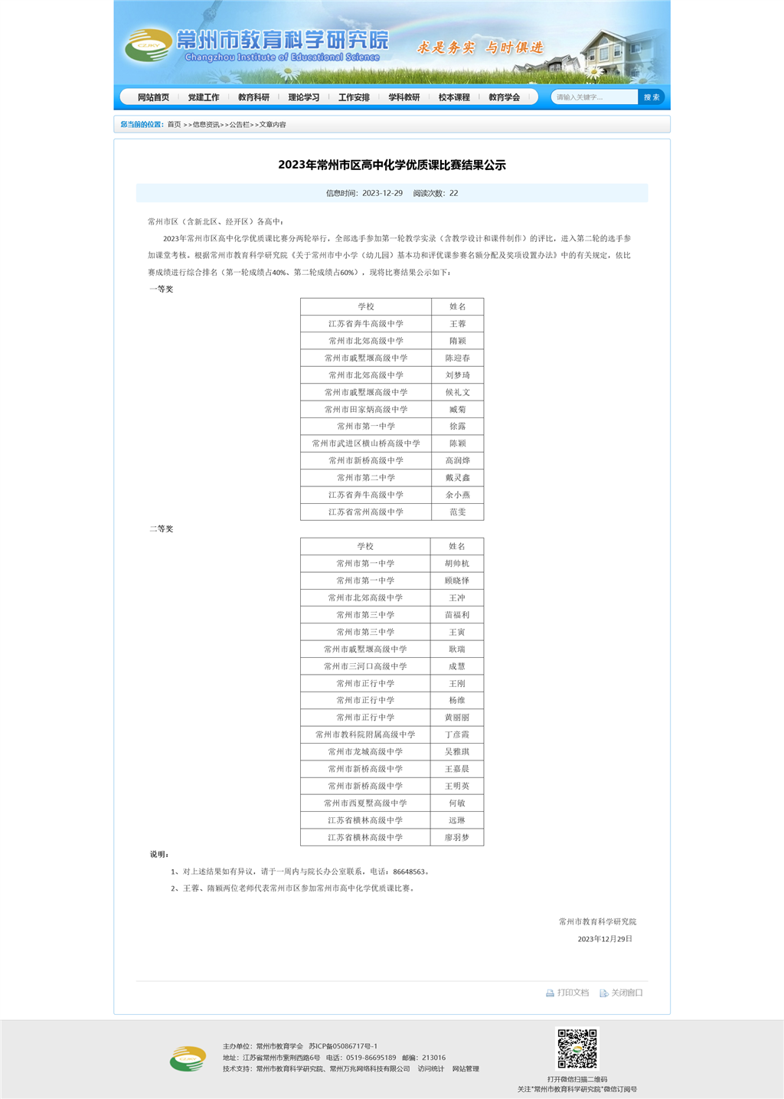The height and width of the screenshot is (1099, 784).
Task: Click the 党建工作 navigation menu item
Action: tap(204, 97)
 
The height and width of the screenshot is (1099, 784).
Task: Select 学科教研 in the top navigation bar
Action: tap(404, 97)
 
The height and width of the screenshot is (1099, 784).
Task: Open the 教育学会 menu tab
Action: tap(504, 97)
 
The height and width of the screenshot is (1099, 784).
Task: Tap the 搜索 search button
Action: tap(652, 97)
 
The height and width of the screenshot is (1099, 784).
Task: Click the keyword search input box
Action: tap(594, 97)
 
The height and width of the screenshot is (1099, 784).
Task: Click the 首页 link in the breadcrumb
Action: tap(175, 124)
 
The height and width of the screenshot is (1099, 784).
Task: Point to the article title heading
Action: tap(392, 165)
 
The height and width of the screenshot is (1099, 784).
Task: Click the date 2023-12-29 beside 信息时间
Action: tap(382, 193)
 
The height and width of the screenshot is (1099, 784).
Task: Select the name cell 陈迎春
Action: tap(458, 358)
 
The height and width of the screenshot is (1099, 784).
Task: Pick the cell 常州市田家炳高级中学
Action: tap(366, 409)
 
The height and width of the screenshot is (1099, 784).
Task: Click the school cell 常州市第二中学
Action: tap(366, 477)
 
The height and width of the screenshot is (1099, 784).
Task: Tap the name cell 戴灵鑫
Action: tap(458, 477)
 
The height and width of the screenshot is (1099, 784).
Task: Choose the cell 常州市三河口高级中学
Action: tap(365, 666)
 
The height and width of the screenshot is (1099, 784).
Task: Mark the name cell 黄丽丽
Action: tap(457, 718)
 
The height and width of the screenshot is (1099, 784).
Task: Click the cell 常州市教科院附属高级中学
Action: tap(365, 734)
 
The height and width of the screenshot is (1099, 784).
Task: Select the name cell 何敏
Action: tap(457, 803)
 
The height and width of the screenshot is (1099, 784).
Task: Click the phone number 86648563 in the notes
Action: tap(409, 872)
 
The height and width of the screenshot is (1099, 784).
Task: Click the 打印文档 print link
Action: tap(568, 993)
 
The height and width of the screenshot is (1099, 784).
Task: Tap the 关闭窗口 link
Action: tap(622, 993)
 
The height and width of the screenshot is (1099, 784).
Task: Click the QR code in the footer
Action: tap(577, 1049)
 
